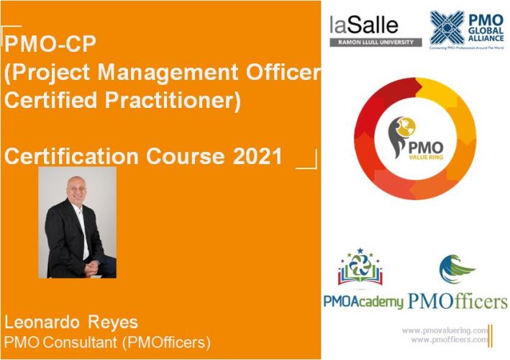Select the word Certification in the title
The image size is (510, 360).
pos(73,156)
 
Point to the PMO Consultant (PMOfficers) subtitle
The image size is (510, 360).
pos(108,340)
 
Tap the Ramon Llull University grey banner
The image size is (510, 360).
pos(375,42)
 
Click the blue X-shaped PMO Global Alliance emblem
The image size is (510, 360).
pos(446,27)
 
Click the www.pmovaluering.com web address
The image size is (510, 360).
pos(445,329)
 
